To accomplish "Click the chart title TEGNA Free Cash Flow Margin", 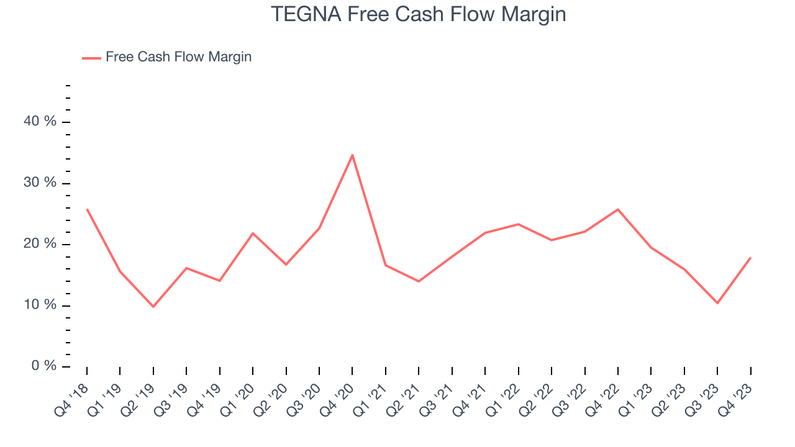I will click(418, 14).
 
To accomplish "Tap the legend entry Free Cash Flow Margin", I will click(178, 57).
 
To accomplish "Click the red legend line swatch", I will click(91, 58).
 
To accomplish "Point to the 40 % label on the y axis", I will click(40, 122).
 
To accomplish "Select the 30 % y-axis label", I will click(40, 183).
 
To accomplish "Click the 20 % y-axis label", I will click(40, 244).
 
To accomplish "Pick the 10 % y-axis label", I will click(40, 305).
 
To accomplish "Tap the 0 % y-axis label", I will click(44, 366).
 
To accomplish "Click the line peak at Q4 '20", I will click(352, 155).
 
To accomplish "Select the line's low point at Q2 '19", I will click(153, 307).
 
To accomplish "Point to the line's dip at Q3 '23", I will click(717, 303).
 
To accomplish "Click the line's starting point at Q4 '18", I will click(87, 209).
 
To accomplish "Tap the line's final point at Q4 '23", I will click(750, 258).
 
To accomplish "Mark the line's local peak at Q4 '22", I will click(618, 209).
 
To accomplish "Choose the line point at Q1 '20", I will click(253, 233).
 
